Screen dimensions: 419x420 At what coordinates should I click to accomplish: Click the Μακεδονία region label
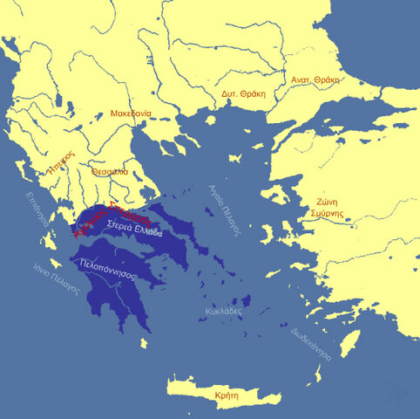click(132, 113)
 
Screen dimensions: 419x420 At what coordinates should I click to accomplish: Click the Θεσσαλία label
click(110, 172)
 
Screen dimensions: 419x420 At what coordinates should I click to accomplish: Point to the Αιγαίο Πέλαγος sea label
click(223, 209)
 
